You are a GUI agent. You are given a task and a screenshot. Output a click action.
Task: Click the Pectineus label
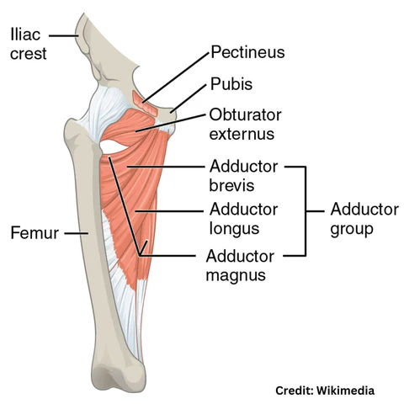click(247, 52)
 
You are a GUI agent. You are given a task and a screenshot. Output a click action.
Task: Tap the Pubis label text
click(231, 84)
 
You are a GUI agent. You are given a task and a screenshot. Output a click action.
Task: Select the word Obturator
click(245, 115)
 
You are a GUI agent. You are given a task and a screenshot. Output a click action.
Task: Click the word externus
click(242, 134)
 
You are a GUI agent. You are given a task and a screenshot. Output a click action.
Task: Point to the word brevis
click(231, 185)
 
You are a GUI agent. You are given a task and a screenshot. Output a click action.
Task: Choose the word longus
click(234, 229)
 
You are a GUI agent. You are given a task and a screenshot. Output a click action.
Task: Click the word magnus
click(236, 275)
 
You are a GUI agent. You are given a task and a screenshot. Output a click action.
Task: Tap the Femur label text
click(35, 233)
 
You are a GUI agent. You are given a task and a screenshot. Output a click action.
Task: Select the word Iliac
click(25, 35)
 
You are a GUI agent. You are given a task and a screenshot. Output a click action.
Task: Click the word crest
click(29, 54)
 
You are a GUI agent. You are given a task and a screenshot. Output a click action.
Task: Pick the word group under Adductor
click(352, 230)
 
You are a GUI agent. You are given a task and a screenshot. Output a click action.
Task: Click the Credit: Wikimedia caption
click(325, 391)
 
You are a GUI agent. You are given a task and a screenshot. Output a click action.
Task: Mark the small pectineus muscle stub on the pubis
click(145, 104)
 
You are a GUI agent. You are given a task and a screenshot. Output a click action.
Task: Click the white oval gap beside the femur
click(113, 146)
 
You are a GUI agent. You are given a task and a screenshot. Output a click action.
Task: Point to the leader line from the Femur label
click(77, 233)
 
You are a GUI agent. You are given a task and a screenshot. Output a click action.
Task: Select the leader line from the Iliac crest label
click(63, 35)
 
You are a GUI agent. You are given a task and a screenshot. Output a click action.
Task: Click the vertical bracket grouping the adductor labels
click(305, 211)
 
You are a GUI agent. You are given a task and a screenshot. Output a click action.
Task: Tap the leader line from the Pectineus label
click(176, 77)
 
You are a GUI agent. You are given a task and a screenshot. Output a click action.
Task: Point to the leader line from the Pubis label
click(188, 98)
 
